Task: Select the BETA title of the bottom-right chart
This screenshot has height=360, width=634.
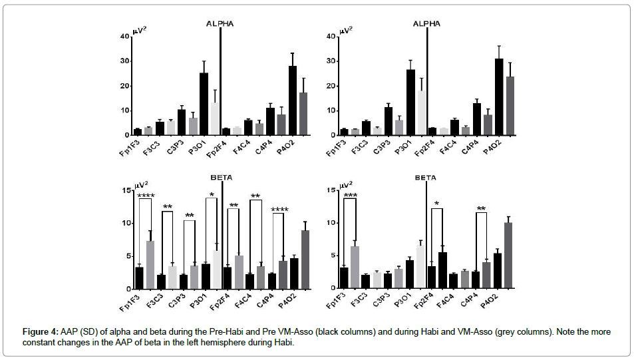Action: pos(426,178)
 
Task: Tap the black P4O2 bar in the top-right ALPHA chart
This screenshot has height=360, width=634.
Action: pos(499,96)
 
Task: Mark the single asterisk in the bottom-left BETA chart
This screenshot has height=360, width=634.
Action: pos(212,196)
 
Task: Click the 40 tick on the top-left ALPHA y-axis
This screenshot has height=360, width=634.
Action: pos(124,37)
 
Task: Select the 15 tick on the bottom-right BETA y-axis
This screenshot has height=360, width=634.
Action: pos(332,190)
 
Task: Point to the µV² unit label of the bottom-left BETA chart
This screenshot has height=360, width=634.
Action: pos(141,184)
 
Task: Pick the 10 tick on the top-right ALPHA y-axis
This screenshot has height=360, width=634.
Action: pos(332,110)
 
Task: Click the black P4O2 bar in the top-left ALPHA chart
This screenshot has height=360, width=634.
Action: pos(292,100)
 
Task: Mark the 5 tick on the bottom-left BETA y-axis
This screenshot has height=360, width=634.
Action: pos(126,256)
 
